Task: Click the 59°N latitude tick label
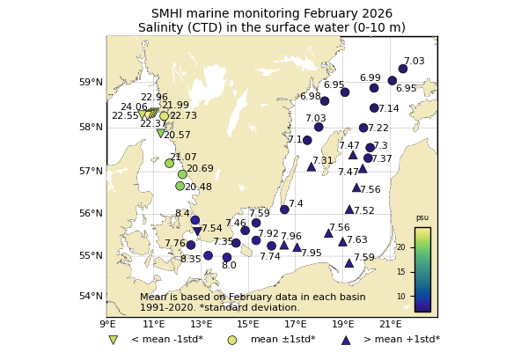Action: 92,83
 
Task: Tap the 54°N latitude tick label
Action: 92,296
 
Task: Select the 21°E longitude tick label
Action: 391,325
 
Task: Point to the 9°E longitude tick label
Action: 106,325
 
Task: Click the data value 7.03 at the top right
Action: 414,62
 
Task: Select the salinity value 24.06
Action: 134,107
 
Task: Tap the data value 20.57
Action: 177,136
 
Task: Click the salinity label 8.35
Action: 191,260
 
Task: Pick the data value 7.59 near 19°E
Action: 363,258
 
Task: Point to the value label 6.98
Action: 311,97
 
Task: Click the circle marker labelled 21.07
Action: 169,163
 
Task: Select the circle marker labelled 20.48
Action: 180,186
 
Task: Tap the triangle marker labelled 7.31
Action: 312,166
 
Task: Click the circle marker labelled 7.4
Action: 284,209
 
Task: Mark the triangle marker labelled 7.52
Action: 349,209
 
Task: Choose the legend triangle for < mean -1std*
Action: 113,340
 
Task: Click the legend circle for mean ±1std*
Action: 232,340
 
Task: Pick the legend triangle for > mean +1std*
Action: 345,340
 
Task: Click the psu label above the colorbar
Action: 422,217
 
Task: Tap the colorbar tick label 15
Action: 401,272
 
